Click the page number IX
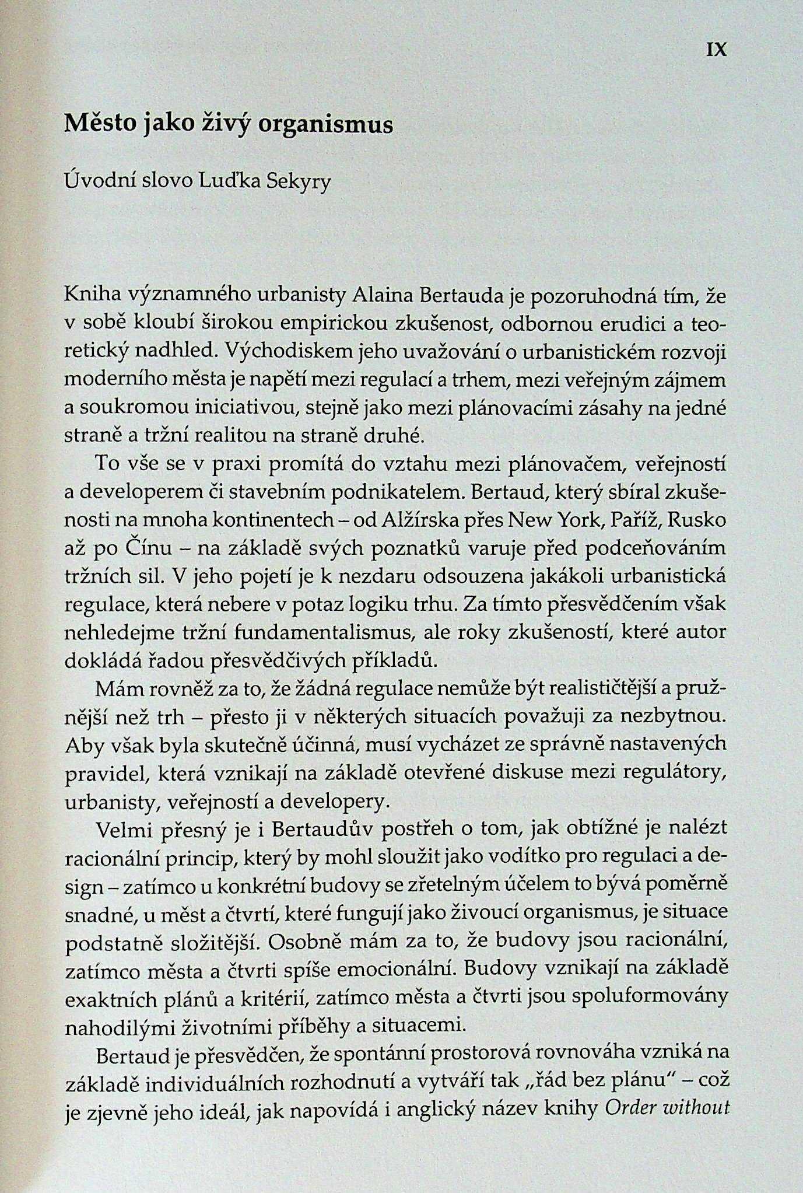click(717, 50)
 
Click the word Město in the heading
click(99, 125)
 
